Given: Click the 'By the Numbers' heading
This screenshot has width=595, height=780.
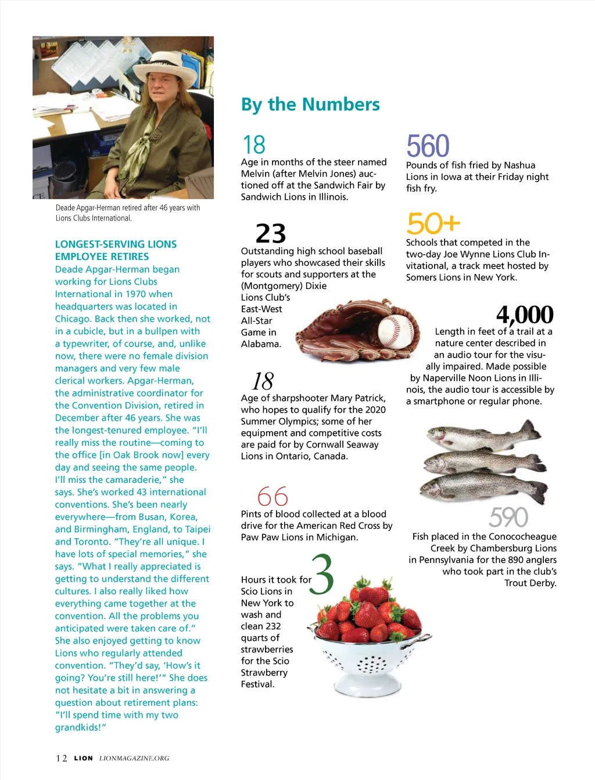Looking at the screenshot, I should [x=310, y=104].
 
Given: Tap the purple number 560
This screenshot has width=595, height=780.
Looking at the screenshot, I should [x=428, y=146].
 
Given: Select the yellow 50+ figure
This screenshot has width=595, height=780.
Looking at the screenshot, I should [x=433, y=223].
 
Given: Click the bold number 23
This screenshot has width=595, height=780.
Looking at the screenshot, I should [x=271, y=233].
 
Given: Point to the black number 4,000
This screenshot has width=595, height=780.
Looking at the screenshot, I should [x=525, y=315].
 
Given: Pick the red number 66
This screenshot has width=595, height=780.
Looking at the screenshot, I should [x=273, y=496].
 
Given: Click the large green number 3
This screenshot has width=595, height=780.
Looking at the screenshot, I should [x=322, y=575].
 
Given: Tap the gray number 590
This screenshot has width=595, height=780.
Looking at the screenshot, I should [x=508, y=517].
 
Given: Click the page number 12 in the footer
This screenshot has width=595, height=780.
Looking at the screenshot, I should [x=61, y=758].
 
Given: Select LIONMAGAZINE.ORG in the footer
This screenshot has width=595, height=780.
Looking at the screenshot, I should [x=134, y=758].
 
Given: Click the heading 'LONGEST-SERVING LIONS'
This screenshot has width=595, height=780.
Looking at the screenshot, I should [x=116, y=244].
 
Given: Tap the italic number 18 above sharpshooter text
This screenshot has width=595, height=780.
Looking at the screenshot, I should [x=263, y=381].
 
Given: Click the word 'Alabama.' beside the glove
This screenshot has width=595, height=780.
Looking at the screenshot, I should [x=261, y=344].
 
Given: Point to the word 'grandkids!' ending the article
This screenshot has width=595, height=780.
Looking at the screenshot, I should [x=80, y=727].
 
